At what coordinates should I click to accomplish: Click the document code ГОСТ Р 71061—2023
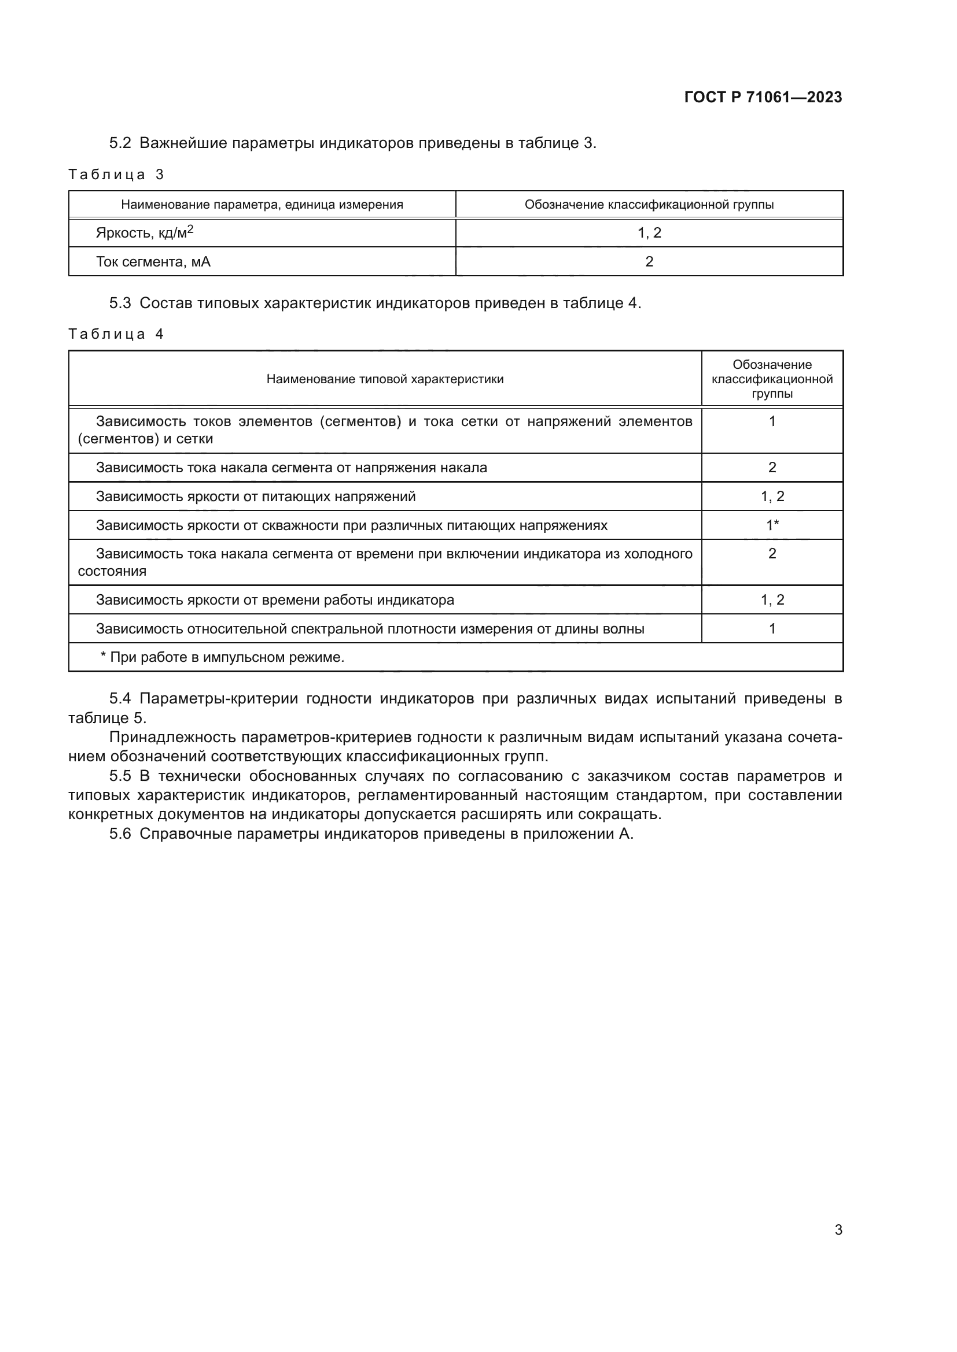click(763, 98)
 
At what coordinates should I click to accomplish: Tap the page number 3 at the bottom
click(838, 1230)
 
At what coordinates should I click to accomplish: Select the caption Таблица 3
click(116, 175)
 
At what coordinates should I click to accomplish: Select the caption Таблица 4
click(116, 335)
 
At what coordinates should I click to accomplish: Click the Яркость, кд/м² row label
click(145, 233)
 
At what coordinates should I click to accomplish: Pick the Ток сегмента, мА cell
click(153, 262)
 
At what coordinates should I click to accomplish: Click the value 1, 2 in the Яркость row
click(649, 233)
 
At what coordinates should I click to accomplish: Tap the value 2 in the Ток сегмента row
click(649, 262)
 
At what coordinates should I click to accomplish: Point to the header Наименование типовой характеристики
click(385, 379)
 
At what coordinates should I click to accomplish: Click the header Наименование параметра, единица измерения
click(262, 205)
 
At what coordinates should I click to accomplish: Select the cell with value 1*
click(772, 525)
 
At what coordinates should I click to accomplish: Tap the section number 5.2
click(120, 144)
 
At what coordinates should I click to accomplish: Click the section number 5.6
click(120, 835)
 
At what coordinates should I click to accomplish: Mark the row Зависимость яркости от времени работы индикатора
click(275, 601)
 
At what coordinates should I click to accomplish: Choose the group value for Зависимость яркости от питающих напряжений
click(772, 497)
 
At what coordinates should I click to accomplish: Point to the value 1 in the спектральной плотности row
click(772, 629)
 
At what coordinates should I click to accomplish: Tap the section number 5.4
click(120, 699)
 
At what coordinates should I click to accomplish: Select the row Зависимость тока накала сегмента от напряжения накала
click(292, 468)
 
